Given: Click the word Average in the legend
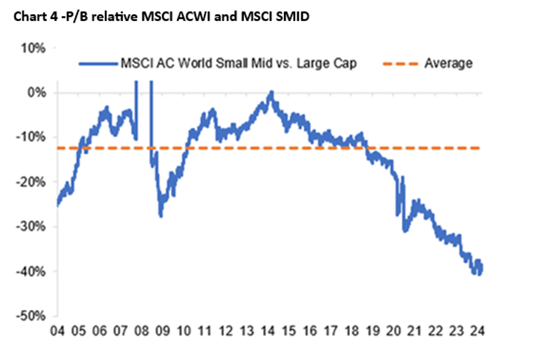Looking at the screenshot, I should [448, 63].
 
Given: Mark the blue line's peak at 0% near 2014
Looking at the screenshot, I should [270, 92].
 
